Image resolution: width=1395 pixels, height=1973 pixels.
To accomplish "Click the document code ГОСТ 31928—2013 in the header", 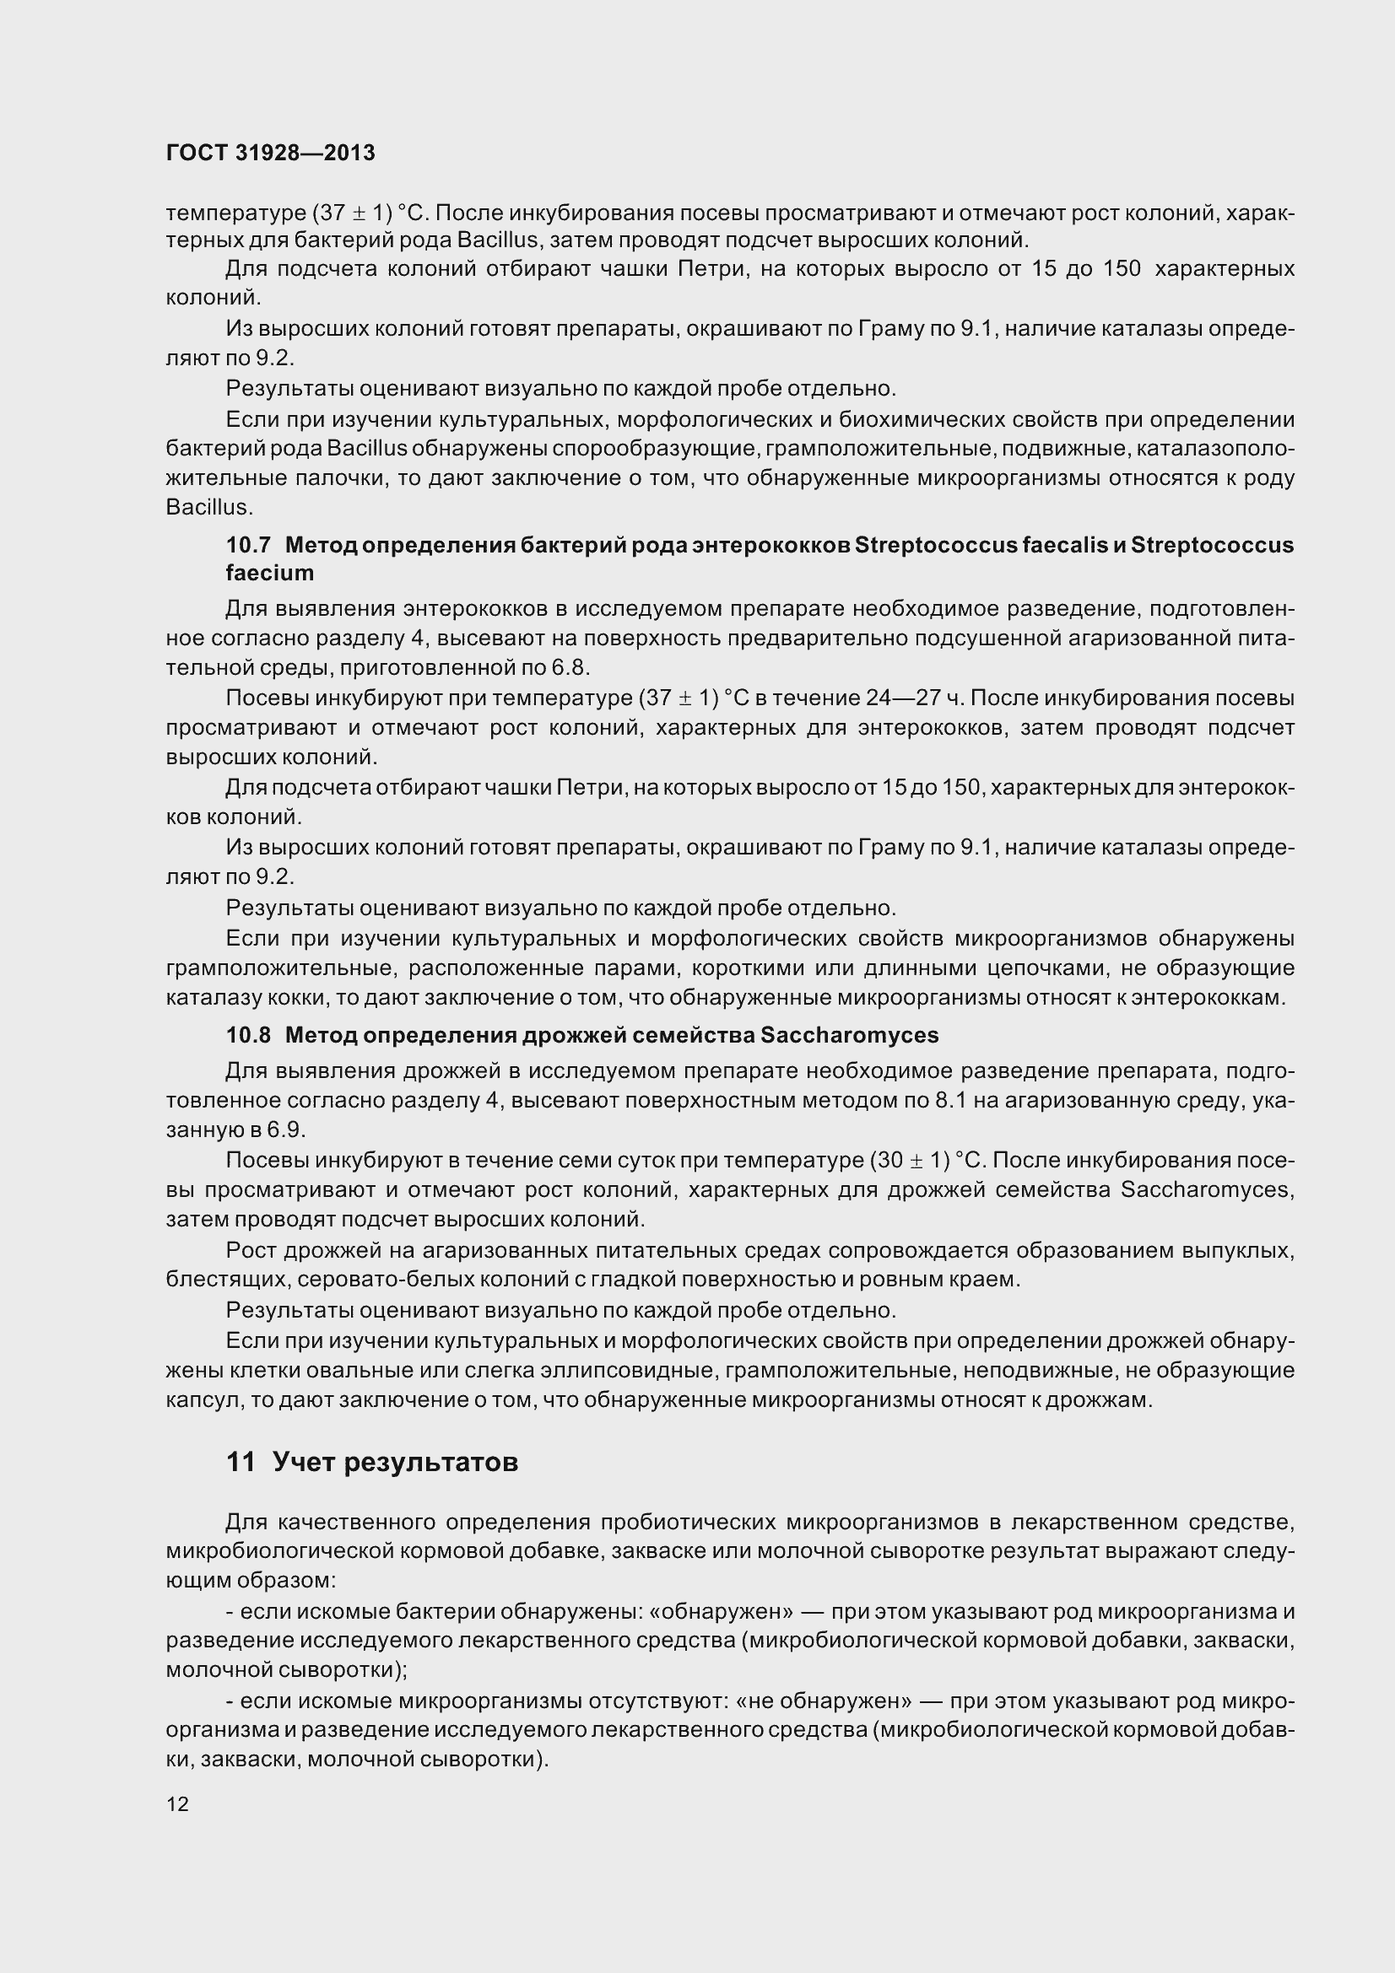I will coord(271,153).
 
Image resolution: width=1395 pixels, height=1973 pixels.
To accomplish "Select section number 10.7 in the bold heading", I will coord(248,545).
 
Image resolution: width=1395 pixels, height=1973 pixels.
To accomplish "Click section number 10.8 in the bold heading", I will coord(248,1036).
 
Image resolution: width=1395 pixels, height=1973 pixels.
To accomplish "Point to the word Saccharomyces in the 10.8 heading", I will coord(849,1036).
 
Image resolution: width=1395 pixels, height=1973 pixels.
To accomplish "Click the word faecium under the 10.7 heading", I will coord(270,573).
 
